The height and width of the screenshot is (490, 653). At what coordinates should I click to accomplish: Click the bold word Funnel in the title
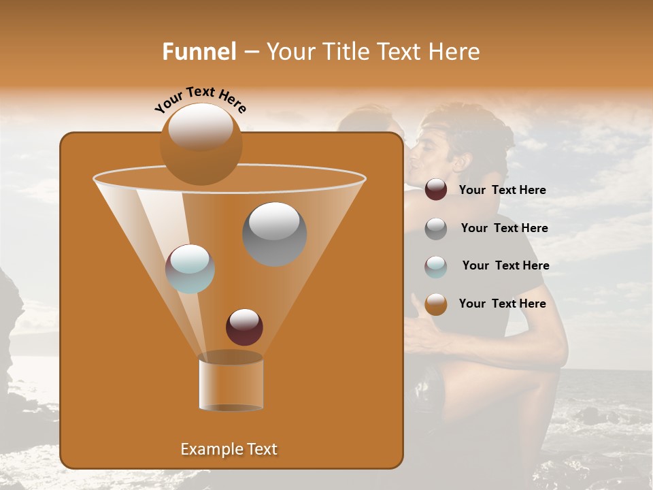click(x=199, y=52)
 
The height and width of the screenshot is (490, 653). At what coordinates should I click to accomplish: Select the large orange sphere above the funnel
click(x=201, y=144)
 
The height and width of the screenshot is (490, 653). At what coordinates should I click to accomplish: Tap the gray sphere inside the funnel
click(x=274, y=233)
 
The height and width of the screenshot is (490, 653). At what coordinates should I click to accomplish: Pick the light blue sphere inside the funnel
click(x=190, y=268)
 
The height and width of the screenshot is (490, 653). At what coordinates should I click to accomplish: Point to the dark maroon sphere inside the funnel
click(x=244, y=327)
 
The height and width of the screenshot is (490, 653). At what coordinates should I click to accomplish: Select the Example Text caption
click(x=229, y=449)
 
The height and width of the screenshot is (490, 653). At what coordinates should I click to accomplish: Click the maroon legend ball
click(x=436, y=190)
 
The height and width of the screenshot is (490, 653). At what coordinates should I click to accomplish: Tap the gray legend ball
click(x=436, y=229)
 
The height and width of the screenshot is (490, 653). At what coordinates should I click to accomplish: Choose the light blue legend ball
click(x=436, y=266)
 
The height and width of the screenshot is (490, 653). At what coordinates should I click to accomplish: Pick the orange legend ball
click(x=436, y=304)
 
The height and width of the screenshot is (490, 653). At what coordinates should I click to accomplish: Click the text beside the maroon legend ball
click(x=502, y=191)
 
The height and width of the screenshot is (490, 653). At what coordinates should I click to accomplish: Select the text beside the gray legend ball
click(x=504, y=229)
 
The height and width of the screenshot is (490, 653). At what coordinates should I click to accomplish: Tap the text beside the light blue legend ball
click(x=505, y=266)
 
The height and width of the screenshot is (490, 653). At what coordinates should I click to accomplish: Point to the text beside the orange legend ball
click(x=502, y=304)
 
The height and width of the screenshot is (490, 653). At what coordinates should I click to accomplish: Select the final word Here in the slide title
click(x=454, y=52)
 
